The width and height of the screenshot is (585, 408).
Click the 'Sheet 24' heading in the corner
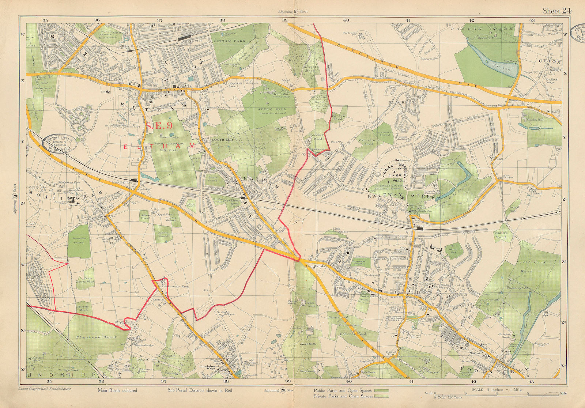coord(556,11)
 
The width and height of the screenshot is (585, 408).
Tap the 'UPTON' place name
coord(550,62)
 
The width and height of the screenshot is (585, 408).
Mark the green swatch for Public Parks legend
coord(382,390)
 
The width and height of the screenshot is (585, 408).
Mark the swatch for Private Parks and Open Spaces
coord(382,396)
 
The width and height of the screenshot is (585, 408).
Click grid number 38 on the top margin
coord(222,20)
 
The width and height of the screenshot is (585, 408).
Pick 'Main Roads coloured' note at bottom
coord(117,390)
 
